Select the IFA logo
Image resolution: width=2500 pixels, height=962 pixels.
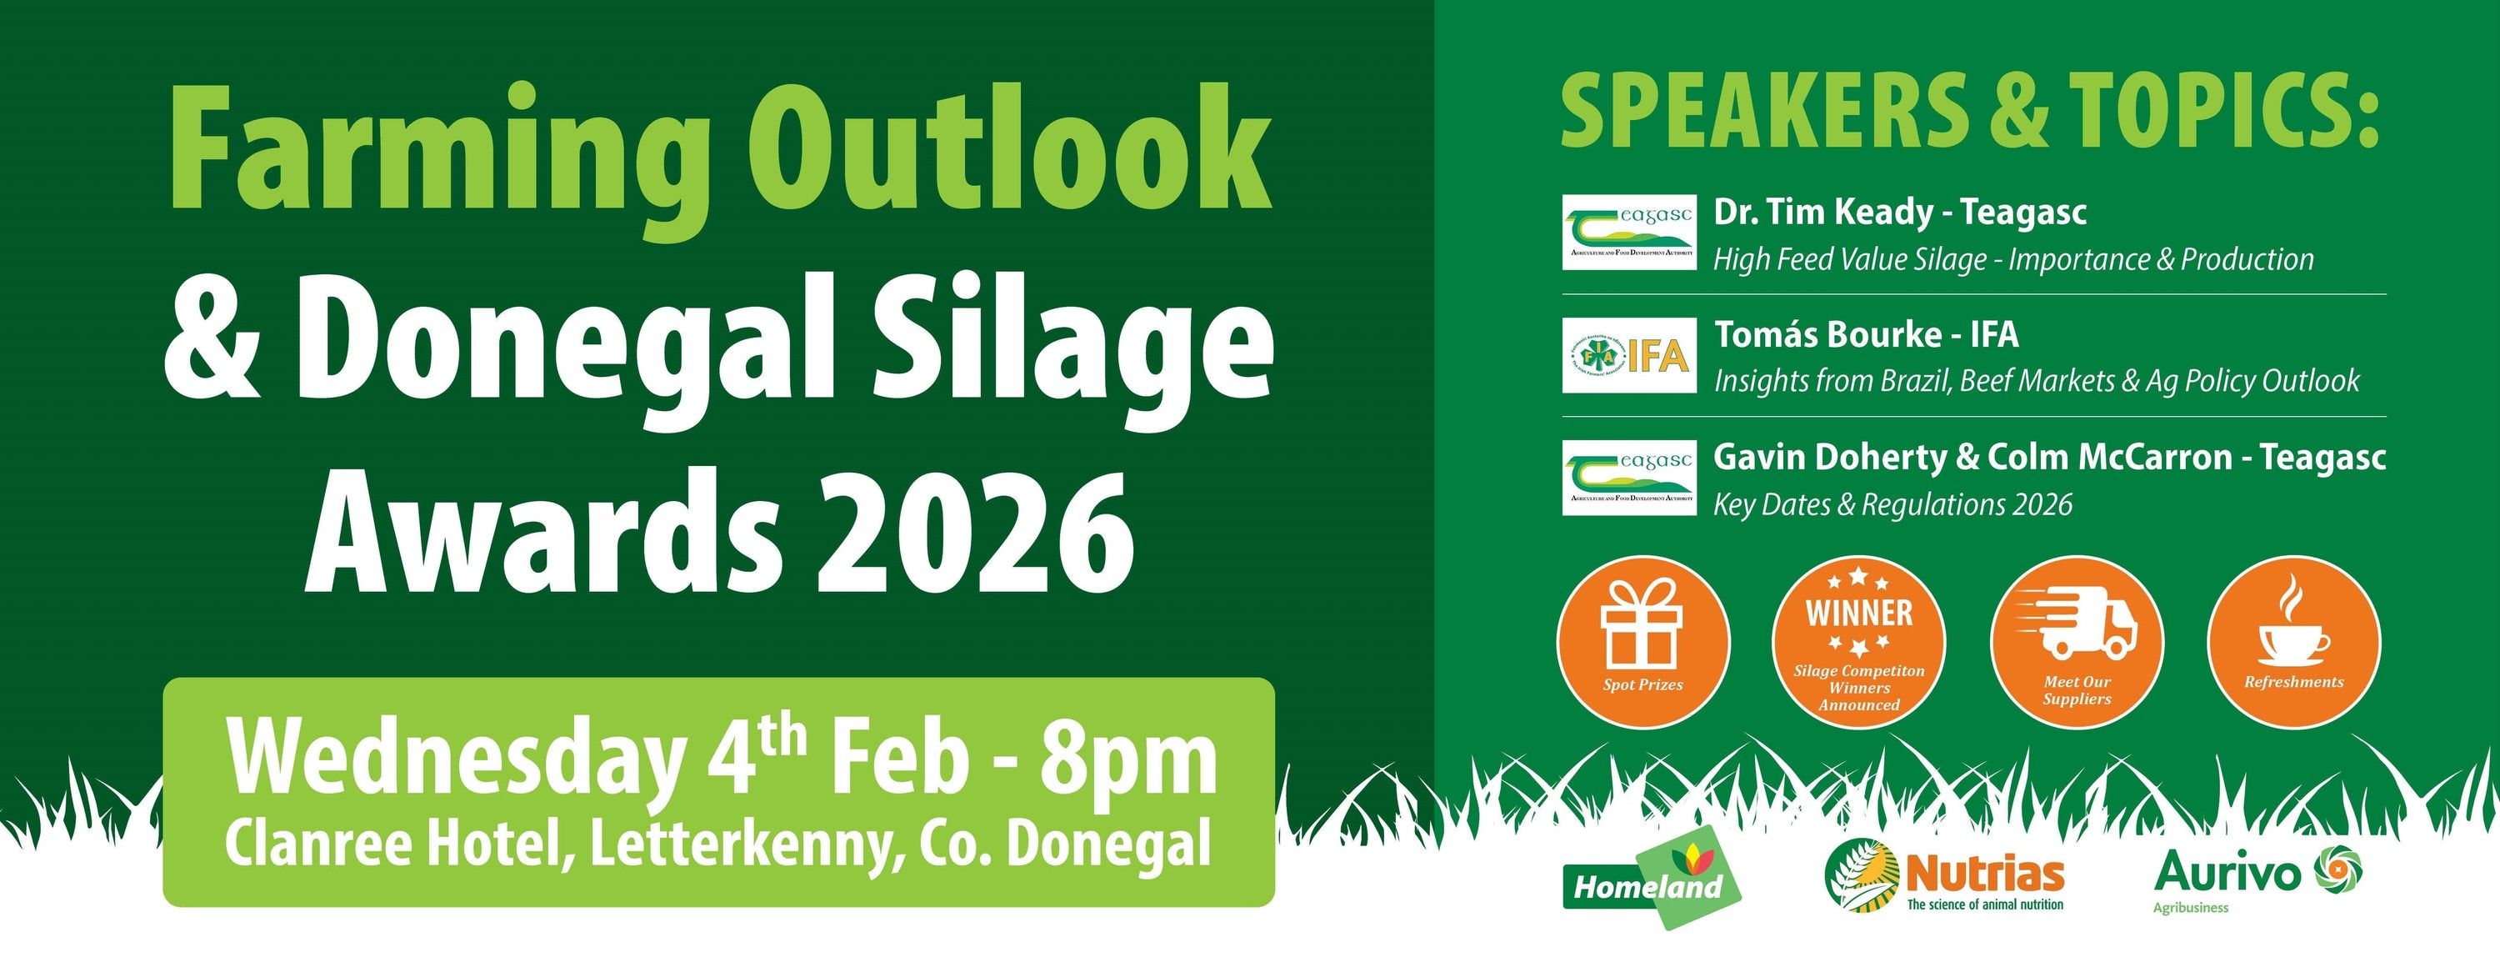click(x=1629, y=355)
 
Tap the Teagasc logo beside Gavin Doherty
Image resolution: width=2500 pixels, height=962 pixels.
click(x=1629, y=478)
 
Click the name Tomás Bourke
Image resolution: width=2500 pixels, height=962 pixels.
click(x=1827, y=335)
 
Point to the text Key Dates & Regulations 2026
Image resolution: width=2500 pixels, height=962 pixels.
click(x=1892, y=505)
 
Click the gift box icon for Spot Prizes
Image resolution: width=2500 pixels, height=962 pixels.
click(x=1642, y=624)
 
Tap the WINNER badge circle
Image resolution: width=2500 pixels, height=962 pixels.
click(x=1858, y=641)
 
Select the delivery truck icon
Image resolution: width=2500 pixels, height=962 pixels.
click(x=2077, y=624)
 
